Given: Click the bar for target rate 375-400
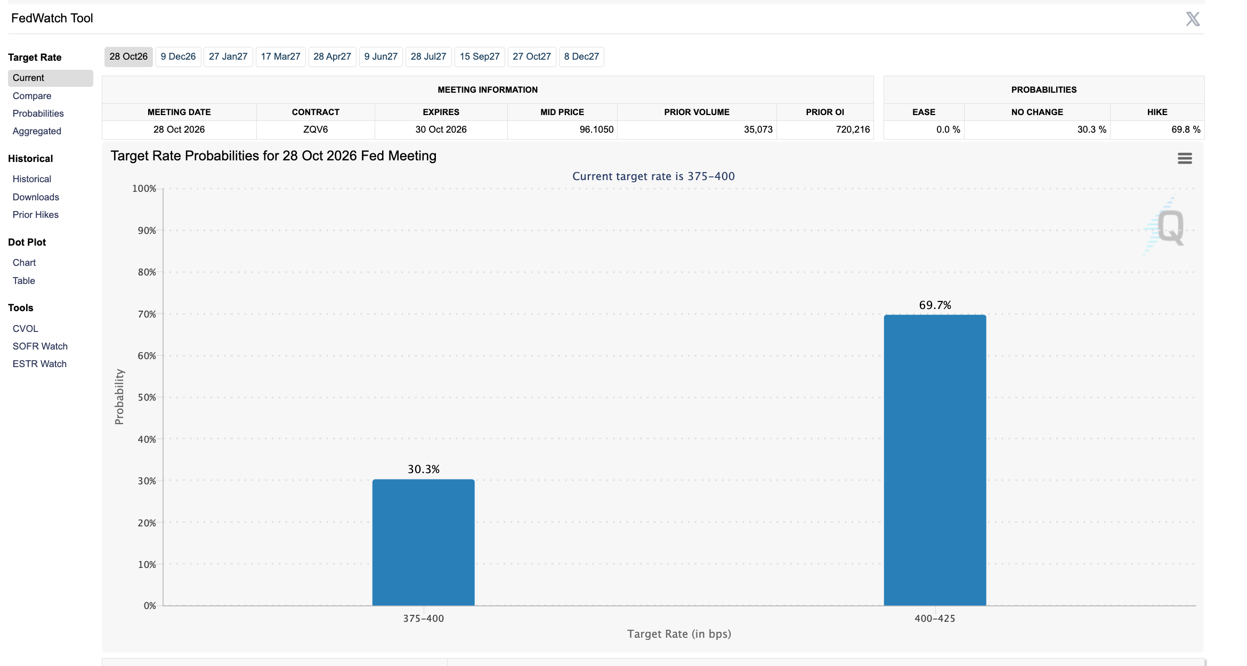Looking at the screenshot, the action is (423, 542).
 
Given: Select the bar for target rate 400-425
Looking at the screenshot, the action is (935, 460).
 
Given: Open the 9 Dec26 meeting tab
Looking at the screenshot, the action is (178, 56).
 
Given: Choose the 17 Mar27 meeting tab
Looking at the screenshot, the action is (280, 56).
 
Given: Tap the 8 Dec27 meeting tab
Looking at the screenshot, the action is (581, 56).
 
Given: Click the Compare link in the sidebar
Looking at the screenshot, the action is (32, 96).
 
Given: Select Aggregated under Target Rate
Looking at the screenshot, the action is (37, 131).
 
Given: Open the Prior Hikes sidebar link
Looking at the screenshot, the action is (36, 215).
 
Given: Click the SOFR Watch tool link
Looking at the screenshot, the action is (40, 346).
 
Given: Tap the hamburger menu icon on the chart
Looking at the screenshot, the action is (1185, 158).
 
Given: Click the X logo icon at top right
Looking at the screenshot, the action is (1193, 19).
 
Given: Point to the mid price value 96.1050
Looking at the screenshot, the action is (596, 129).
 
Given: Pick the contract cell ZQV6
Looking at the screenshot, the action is (315, 129).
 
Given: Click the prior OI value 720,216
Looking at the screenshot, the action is (853, 129).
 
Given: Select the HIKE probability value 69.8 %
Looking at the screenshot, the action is (1186, 129).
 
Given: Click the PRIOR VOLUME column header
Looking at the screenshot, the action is (697, 112).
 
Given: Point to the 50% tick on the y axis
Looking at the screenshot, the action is (147, 397).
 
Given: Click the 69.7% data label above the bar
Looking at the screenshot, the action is (935, 305).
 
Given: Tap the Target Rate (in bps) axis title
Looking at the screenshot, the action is (679, 634).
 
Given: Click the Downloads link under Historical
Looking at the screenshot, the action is (36, 197).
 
